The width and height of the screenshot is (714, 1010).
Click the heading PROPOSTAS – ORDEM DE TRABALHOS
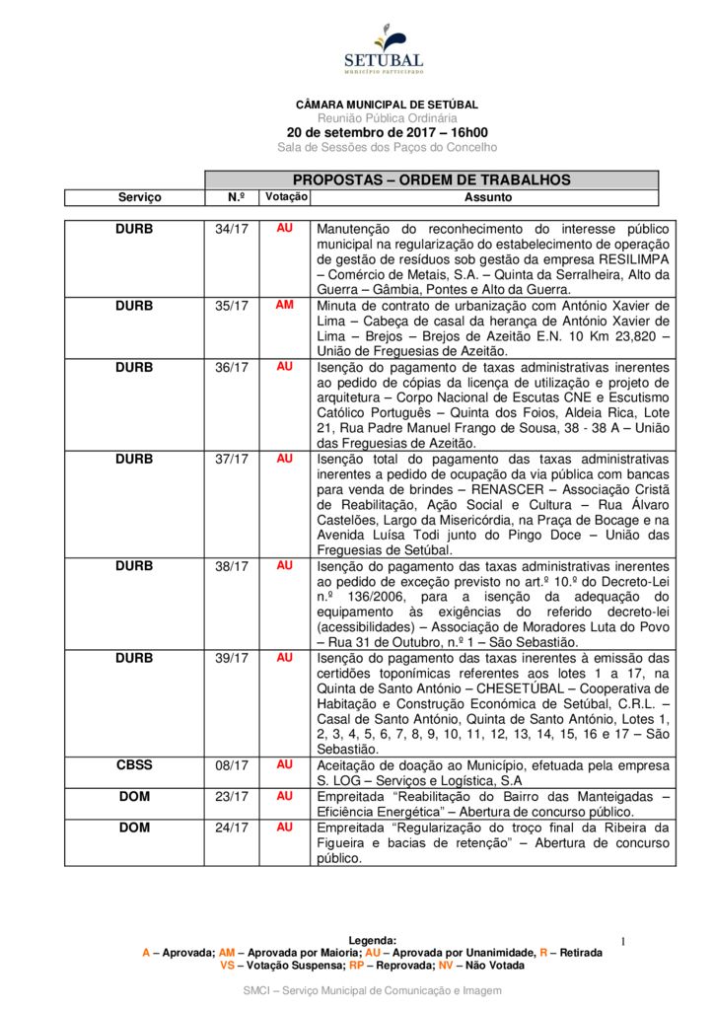point(431,180)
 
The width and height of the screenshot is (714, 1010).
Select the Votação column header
point(286,197)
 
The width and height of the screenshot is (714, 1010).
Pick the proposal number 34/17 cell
point(232,229)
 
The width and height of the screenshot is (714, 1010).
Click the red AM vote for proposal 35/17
point(285,305)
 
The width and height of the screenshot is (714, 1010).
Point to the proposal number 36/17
point(232,367)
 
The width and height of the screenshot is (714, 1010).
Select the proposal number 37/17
point(232,459)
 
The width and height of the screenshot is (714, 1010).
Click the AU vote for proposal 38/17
point(285,566)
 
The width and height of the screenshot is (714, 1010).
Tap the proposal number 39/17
point(232,658)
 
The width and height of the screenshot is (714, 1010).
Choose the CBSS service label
point(135,764)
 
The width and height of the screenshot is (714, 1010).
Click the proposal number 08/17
point(232,764)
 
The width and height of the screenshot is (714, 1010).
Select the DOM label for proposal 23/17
point(135,796)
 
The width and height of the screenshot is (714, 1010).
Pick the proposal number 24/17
point(232,828)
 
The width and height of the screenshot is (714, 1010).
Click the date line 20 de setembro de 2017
point(387,132)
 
